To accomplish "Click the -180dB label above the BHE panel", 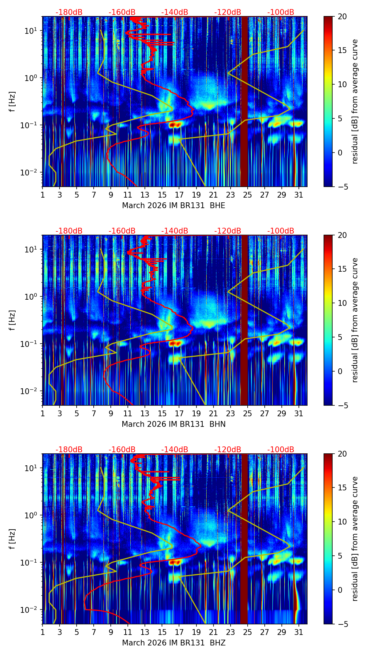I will click(x=69, y=12).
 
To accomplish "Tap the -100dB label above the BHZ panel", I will click(x=281, y=450).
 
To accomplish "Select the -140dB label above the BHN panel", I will click(x=175, y=231).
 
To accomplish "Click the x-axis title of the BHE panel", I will click(x=174, y=206).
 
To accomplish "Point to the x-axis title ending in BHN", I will click(x=174, y=424).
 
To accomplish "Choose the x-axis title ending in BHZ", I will click(x=174, y=643).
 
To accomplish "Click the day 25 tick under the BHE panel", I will click(x=247, y=195).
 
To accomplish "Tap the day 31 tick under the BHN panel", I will click(x=298, y=413).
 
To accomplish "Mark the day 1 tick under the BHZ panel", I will click(x=42, y=632).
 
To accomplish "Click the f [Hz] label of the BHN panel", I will click(x=12, y=320).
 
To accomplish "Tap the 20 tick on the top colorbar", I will click(x=342, y=16).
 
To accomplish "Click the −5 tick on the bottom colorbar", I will click(x=342, y=624).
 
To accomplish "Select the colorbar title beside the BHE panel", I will click(x=355, y=101).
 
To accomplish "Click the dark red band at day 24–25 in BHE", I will click(x=244, y=101).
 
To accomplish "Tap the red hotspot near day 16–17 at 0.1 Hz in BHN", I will click(x=175, y=343).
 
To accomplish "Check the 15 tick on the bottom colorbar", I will click(x=342, y=487).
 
